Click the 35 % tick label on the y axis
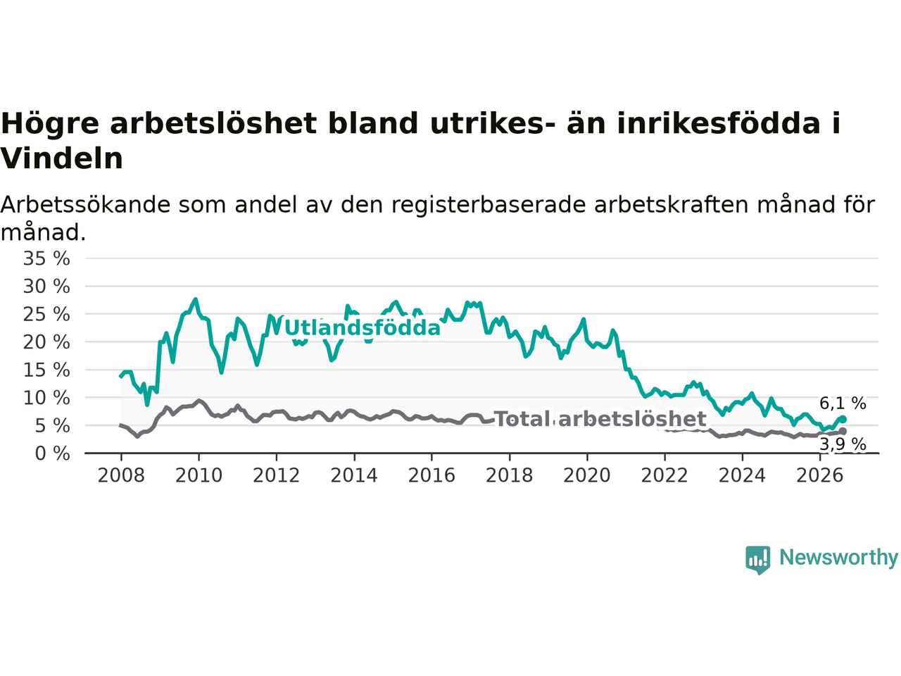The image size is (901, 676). [46, 259]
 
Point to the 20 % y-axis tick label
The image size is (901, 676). [46, 342]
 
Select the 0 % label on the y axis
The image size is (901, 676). [53, 454]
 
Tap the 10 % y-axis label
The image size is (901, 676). [46, 398]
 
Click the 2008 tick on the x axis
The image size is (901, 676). [121, 476]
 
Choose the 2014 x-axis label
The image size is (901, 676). [354, 476]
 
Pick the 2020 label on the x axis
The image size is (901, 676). [587, 476]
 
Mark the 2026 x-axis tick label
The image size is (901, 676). [820, 476]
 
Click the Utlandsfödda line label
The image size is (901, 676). [363, 328]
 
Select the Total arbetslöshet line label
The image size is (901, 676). [601, 419]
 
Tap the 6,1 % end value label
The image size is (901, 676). [843, 403]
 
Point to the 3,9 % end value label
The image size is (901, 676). [843, 444]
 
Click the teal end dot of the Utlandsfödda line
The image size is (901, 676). [843, 419]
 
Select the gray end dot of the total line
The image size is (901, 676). [843, 432]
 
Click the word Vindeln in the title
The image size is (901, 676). [61, 158]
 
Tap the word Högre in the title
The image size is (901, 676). [50, 124]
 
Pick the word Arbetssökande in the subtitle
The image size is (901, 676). [85, 205]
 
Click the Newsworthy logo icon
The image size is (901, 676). [757, 560]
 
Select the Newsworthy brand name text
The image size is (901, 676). [838, 558]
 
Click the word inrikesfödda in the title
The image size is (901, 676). [719, 123]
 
